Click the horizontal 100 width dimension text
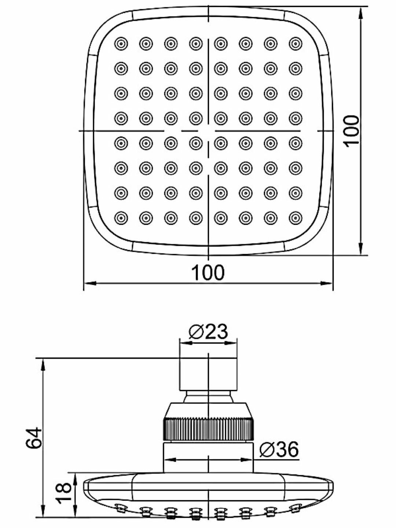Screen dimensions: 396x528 click(208, 273)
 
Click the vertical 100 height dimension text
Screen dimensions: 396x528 click(351, 131)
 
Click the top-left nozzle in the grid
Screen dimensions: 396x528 click(121, 44)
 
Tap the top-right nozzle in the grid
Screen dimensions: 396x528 click(296, 44)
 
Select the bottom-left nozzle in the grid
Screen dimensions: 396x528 click(121, 218)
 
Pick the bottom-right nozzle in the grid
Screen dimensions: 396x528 click(296, 218)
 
